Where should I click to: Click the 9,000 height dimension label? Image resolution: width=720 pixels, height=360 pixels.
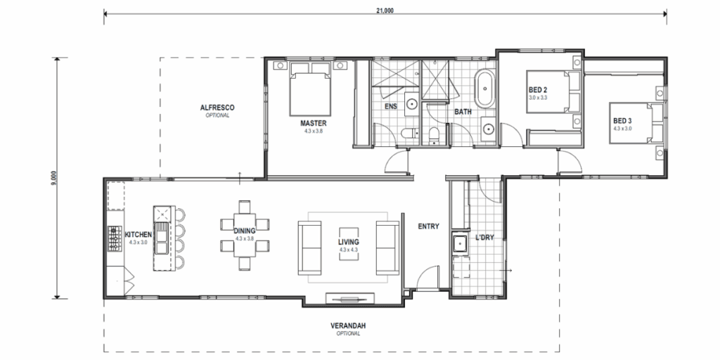pos(53,177)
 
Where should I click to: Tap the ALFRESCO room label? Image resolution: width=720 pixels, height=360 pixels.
pos(217,108)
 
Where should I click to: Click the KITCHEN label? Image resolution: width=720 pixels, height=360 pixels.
pos(139,234)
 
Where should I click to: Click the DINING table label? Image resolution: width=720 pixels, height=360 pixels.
pos(244,230)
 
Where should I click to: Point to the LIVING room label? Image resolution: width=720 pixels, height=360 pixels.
pos(349,243)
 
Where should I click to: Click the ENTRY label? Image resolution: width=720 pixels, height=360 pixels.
pos(428,226)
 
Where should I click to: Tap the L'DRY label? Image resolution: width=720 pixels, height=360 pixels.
pos(484,237)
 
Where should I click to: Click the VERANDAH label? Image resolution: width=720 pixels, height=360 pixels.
pos(348,326)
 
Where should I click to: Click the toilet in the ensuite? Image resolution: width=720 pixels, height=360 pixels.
pos(406,134)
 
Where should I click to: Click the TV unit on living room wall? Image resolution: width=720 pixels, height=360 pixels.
pos(349,297)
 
